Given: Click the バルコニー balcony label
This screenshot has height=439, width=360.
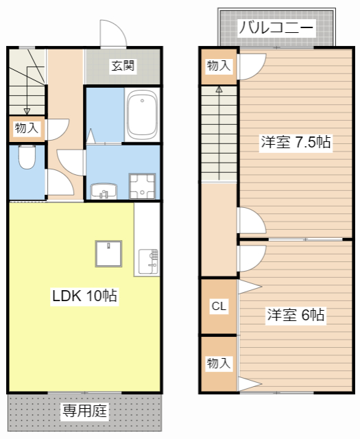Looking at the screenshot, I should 276,28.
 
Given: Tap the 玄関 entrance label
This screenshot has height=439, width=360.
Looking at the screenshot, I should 123,66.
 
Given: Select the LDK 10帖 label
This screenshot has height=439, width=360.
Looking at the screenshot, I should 84,296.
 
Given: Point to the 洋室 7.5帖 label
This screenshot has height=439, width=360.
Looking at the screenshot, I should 296,143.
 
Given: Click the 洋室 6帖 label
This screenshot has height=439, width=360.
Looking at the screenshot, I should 296,316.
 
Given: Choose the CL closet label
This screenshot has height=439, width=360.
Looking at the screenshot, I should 219,306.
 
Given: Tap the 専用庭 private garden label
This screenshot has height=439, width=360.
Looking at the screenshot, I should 86,412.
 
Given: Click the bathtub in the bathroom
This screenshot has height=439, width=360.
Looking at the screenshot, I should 142,113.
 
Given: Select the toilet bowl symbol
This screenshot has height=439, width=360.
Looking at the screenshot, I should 27,158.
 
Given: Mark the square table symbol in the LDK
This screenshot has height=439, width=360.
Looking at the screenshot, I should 108,255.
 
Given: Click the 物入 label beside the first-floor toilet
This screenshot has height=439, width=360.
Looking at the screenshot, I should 27,128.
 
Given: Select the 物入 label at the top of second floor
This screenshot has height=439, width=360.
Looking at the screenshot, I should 219,66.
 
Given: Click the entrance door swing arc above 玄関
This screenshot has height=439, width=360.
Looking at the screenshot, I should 110,34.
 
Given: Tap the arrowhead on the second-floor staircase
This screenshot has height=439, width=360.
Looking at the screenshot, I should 219,89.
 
